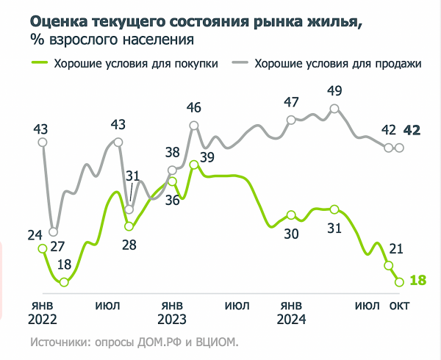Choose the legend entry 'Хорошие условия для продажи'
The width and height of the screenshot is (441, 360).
coord(337,63)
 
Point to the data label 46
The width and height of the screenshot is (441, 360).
coord(194,108)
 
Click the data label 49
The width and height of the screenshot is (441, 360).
coord(335,90)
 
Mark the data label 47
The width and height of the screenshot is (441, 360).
coord(291,102)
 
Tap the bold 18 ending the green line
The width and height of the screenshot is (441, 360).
coord(418,280)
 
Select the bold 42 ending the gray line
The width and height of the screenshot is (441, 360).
coord(412,131)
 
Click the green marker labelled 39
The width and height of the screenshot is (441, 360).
coord(193,165)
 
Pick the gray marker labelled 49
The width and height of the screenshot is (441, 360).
coord(335,109)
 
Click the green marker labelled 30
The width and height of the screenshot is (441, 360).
coord(291,215)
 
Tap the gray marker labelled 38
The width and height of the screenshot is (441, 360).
coord(173,170)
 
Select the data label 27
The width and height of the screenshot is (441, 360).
coord(57,245)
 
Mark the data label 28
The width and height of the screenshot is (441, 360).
coord(129,245)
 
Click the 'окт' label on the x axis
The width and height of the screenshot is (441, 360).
coord(400,305)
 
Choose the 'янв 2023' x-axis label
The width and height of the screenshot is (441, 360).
coord(173,312)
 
